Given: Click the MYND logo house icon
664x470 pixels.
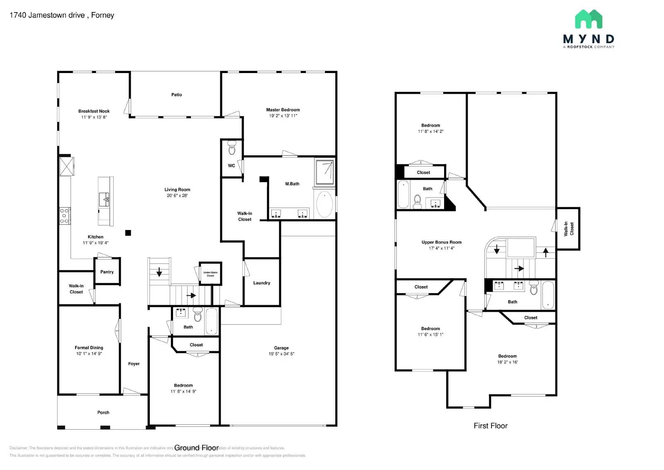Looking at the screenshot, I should [x=588, y=19].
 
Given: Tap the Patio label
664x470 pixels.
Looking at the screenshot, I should [x=176, y=95].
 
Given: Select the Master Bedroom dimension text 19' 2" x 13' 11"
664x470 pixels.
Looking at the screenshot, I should [x=283, y=116].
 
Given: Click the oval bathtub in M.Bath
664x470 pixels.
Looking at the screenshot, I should [x=325, y=204].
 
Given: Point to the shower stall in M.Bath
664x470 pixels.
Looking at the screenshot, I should [x=325, y=172].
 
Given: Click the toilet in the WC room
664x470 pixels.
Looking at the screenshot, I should [x=232, y=147].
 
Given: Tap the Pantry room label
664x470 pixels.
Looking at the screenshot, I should [x=107, y=272].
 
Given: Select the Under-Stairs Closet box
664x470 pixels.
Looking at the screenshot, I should [x=210, y=274].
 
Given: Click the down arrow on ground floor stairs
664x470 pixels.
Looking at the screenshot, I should [x=159, y=272].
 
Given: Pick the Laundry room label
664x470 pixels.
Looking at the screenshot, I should [x=261, y=283].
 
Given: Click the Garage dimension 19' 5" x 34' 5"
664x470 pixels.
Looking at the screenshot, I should [x=281, y=354].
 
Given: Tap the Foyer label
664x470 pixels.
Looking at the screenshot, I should [x=134, y=364].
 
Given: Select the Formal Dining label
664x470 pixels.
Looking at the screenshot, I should [x=89, y=348].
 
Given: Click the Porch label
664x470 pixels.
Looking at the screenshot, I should [x=103, y=412].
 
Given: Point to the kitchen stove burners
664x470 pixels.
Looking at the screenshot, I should [x=64, y=216].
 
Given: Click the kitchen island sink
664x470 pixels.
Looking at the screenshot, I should [x=104, y=200].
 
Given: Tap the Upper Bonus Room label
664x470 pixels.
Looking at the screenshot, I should [x=441, y=242].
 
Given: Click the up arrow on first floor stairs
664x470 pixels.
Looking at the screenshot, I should [x=545, y=252].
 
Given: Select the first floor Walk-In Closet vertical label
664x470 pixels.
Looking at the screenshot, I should [x=568, y=228].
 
